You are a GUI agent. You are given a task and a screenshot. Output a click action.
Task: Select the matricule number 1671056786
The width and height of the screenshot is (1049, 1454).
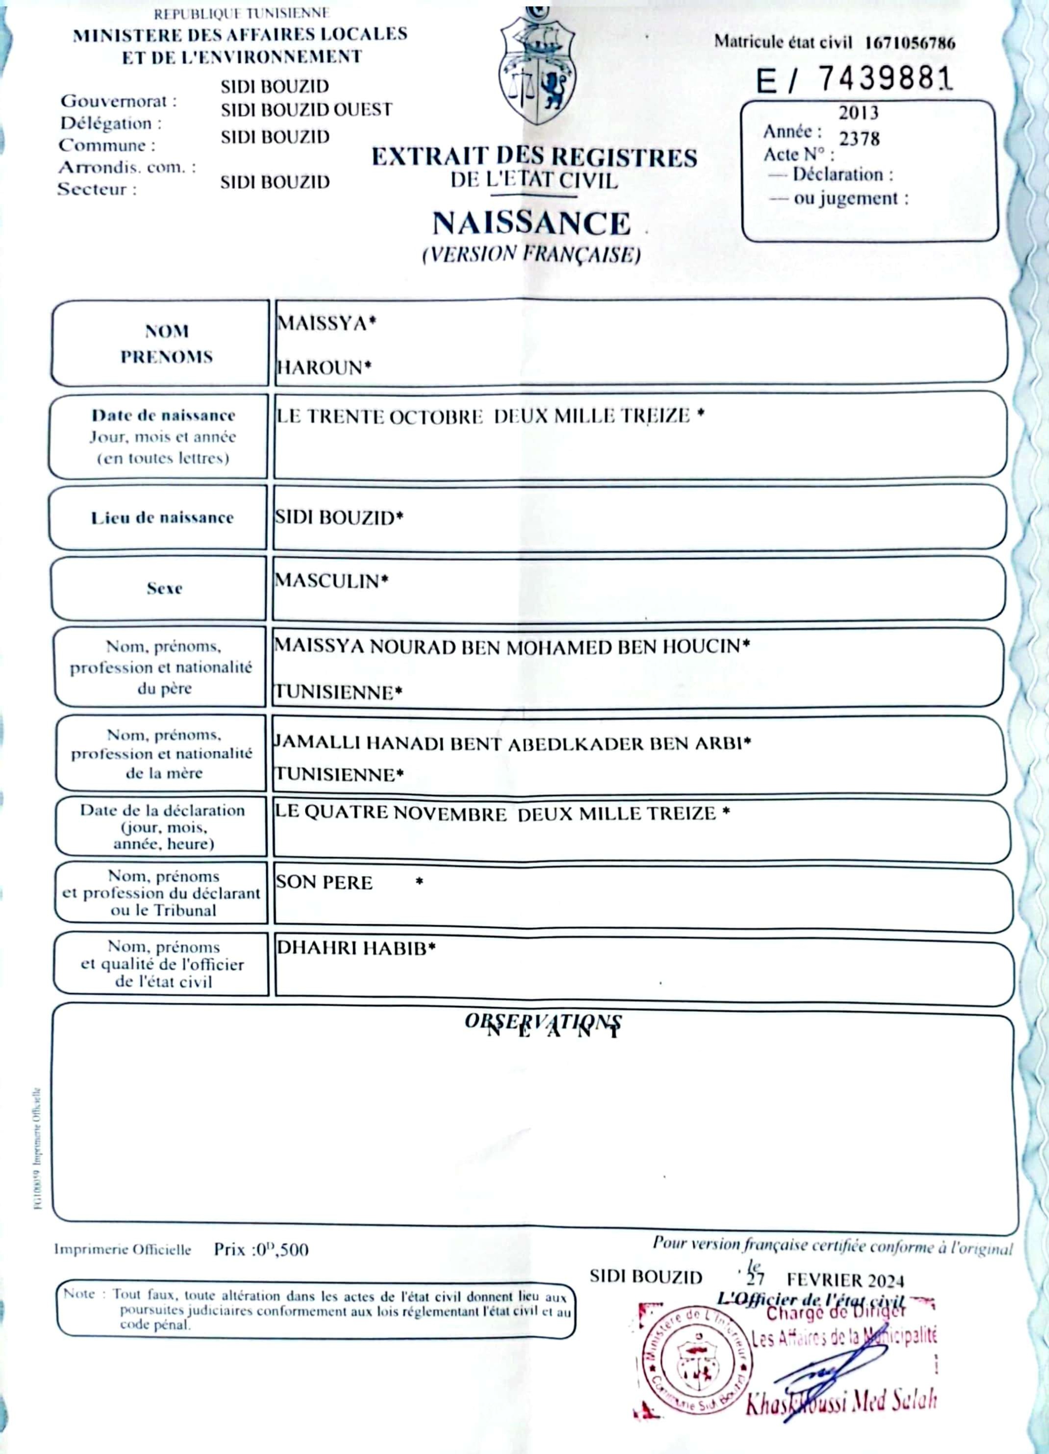click(x=909, y=43)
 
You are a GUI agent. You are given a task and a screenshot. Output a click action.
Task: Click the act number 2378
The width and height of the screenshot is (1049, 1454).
click(x=859, y=139)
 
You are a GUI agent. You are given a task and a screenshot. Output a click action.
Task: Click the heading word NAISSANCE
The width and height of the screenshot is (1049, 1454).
click(x=531, y=224)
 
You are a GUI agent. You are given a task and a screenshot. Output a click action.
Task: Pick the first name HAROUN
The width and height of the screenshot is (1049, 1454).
click(x=320, y=368)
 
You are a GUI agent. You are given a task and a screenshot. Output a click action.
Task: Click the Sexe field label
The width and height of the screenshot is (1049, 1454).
click(x=164, y=588)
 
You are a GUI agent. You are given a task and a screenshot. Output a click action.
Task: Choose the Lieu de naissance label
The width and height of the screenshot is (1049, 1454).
click(x=162, y=518)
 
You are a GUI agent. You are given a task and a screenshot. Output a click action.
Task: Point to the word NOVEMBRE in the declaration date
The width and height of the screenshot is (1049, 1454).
click(x=450, y=813)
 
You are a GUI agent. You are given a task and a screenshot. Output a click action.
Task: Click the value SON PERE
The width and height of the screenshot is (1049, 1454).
click(x=325, y=882)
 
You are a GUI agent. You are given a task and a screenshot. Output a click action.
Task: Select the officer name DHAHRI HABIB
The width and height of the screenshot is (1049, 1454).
click(x=352, y=948)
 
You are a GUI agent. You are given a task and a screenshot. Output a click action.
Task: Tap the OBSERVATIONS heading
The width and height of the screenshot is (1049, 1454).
click(x=543, y=1021)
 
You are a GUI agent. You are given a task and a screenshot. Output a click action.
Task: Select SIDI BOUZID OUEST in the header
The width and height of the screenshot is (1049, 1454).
click(x=306, y=110)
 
